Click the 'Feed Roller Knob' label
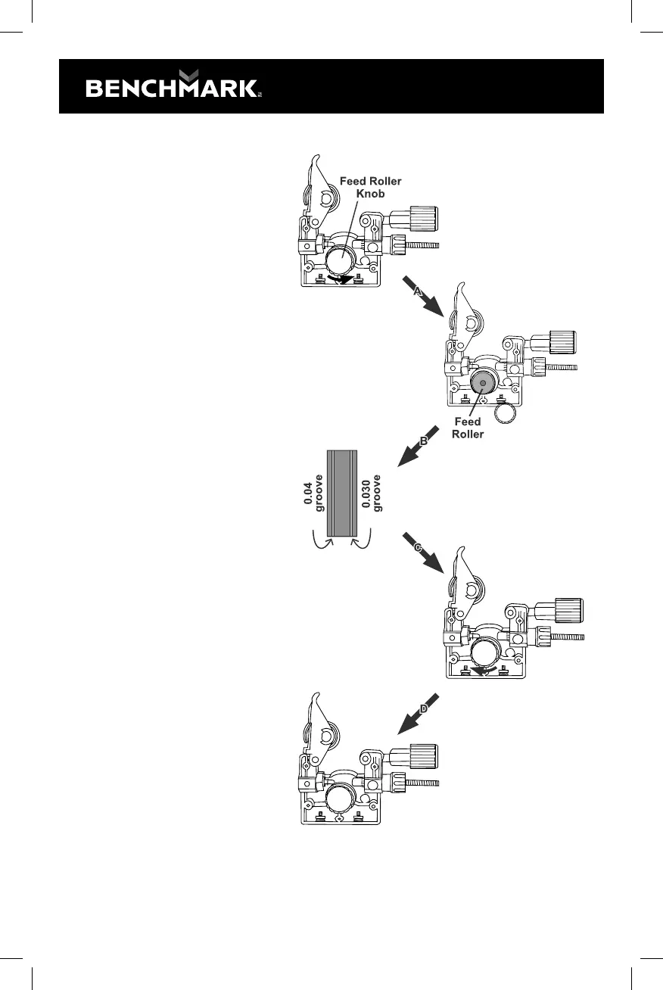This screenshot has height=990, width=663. tap(370, 187)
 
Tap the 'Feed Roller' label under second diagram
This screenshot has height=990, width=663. tap(468, 427)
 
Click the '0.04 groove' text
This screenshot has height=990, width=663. tap(313, 491)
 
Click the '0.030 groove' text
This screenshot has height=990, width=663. tap(372, 491)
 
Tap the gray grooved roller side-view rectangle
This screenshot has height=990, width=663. tap(342, 491)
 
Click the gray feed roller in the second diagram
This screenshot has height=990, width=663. tap(483, 383)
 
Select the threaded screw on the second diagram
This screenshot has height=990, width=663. tap(561, 368)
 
